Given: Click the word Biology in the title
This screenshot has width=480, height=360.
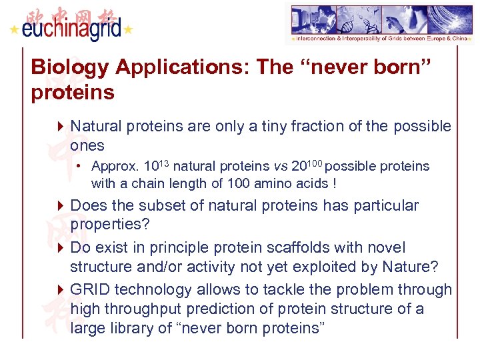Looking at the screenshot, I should click(x=69, y=67).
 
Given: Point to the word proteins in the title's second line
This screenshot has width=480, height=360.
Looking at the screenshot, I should click(x=73, y=92).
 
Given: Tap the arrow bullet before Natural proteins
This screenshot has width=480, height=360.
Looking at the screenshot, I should click(x=61, y=126).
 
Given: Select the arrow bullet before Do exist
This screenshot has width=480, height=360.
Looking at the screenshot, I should click(x=61, y=248).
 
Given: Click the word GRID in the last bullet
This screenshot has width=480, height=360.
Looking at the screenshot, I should click(x=91, y=289).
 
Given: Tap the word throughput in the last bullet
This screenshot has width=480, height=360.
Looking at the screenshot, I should click(x=152, y=309).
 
